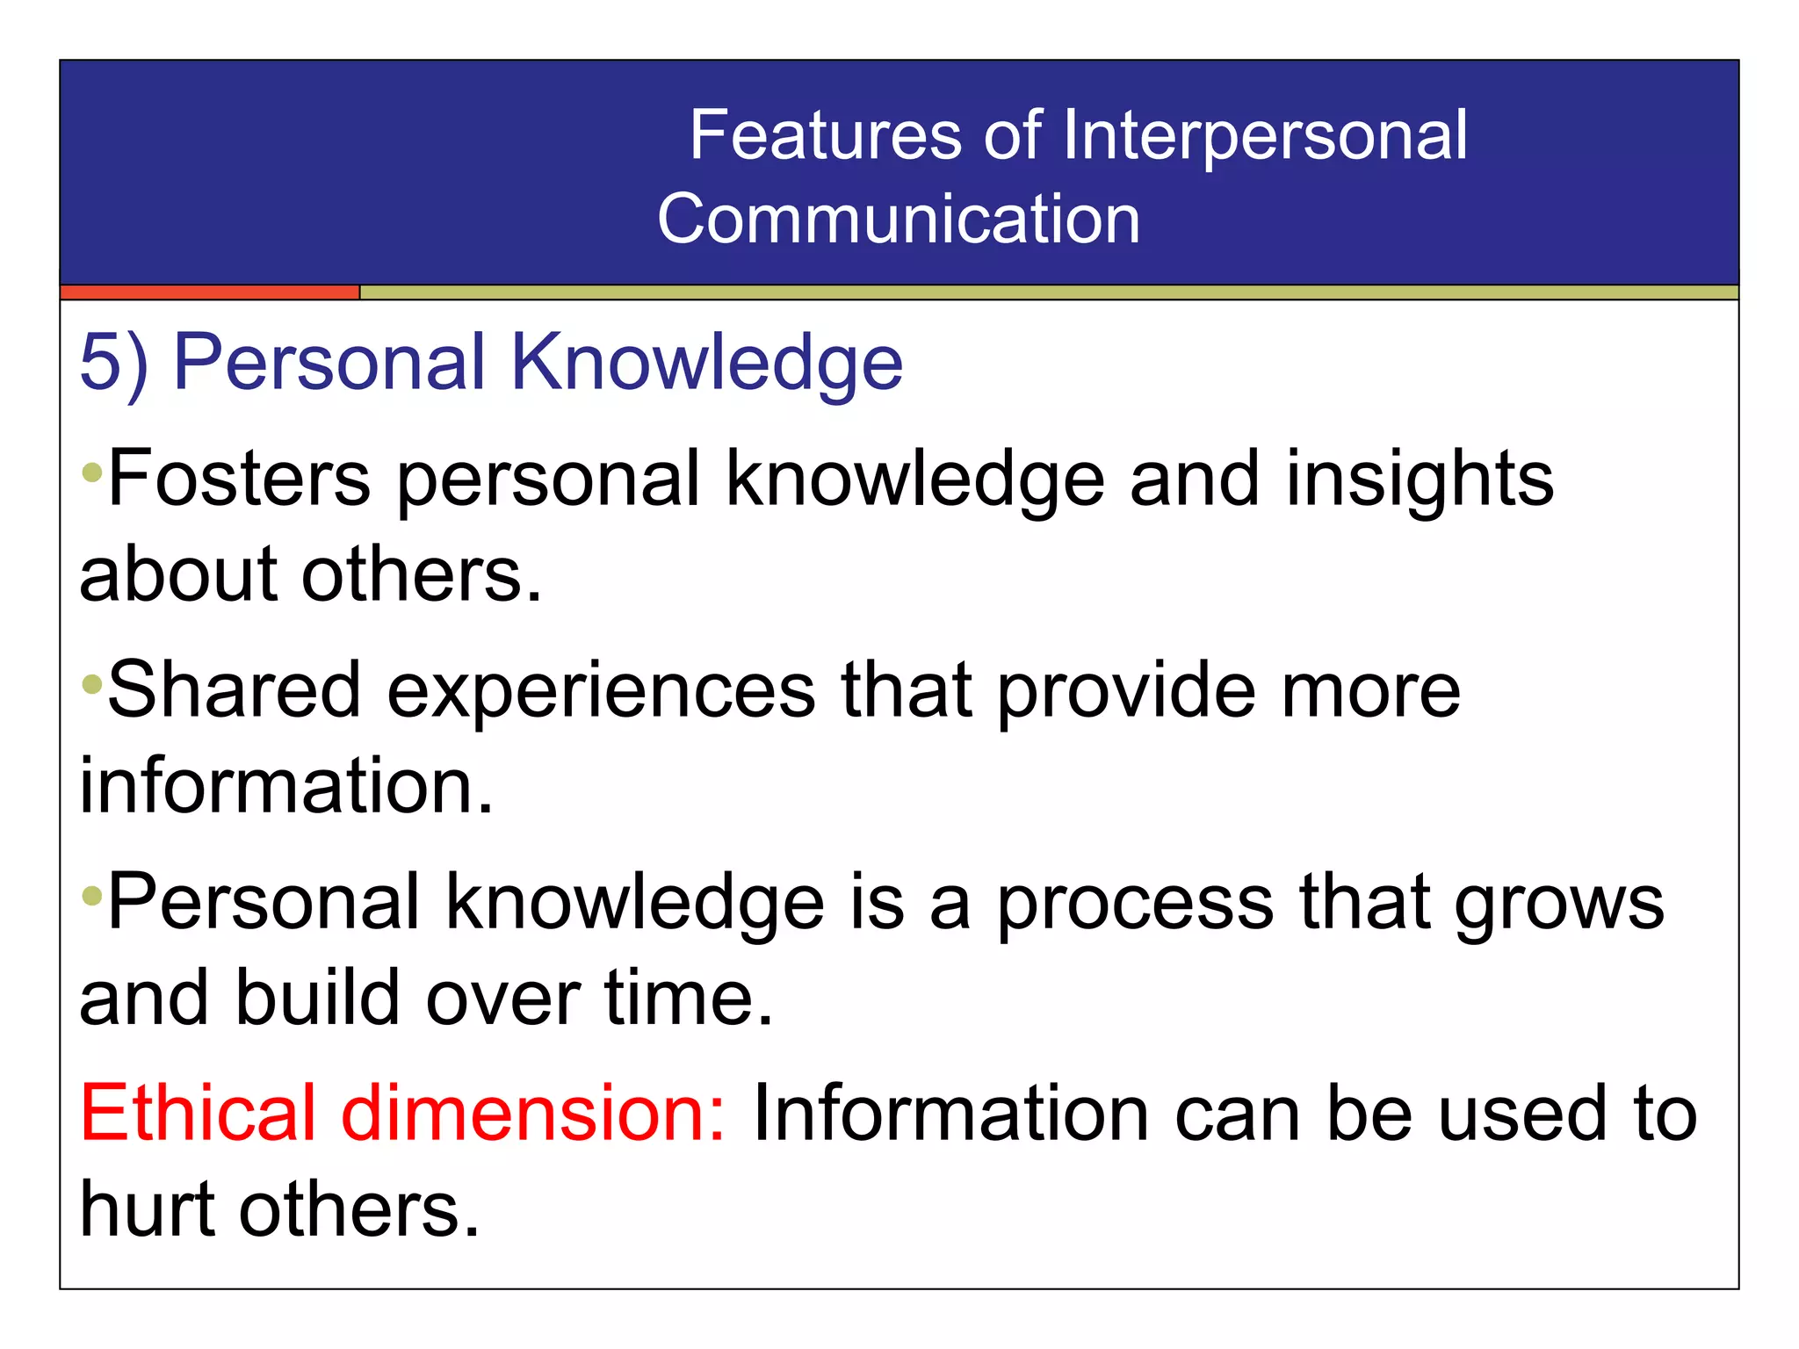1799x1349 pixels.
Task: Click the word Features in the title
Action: click(x=825, y=135)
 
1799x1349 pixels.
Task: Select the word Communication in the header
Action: click(x=898, y=219)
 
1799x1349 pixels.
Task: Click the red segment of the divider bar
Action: click(x=210, y=292)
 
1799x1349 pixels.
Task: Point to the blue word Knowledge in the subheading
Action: click(x=706, y=362)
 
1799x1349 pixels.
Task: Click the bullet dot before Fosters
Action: click(x=91, y=474)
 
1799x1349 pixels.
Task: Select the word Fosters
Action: click(x=239, y=479)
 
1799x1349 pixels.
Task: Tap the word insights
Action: click(x=1420, y=479)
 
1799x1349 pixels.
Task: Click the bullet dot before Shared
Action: click(x=91, y=684)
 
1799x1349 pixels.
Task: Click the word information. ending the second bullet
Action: click(x=286, y=785)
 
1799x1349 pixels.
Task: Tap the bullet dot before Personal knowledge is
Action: click(x=91, y=897)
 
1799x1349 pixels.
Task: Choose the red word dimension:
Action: click(x=533, y=1113)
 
